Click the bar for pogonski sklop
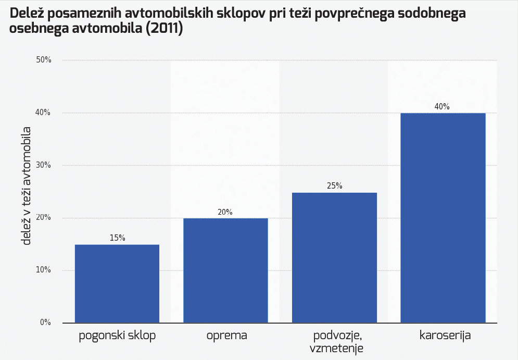point(117,283)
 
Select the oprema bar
point(225,270)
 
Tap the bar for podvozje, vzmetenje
point(334,257)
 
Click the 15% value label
point(117,238)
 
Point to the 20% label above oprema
point(225,212)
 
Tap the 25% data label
point(334,186)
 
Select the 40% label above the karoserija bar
point(443,107)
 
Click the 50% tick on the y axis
point(44,60)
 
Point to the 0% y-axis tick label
point(45,322)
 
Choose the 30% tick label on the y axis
point(44,165)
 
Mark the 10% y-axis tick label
point(44,270)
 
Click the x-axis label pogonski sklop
point(117,335)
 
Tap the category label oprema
point(225,335)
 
